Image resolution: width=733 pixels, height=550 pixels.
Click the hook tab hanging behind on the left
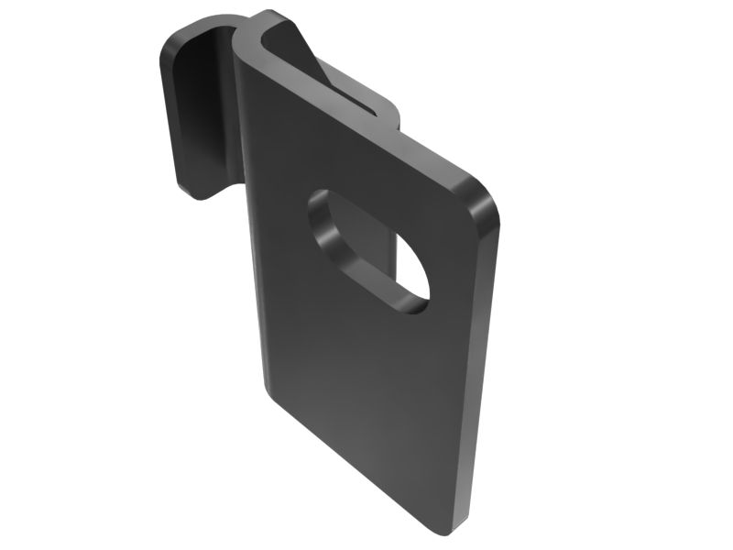192,110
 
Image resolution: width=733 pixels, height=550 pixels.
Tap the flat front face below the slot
366,385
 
